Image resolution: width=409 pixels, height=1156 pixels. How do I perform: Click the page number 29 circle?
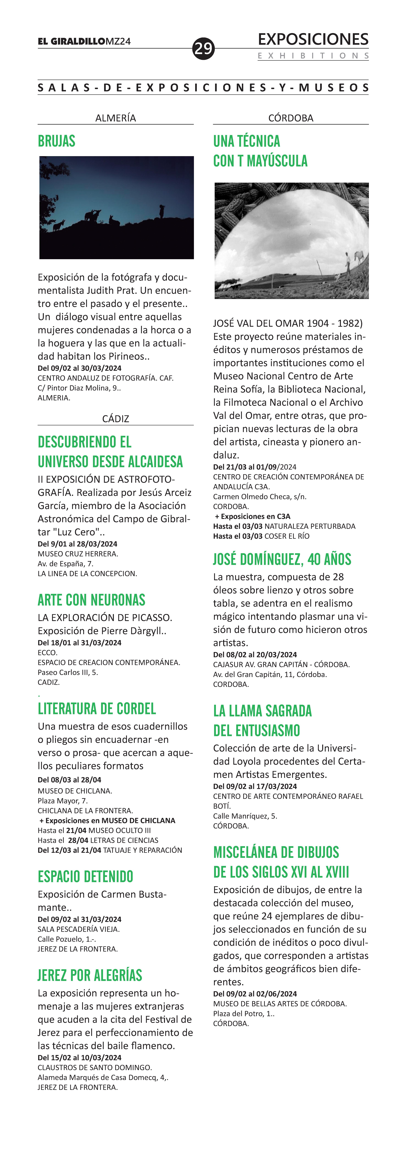(203, 48)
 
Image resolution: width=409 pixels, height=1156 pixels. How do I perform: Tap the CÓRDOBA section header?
(290, 118)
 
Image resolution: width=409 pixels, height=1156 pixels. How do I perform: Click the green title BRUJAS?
(57, 141)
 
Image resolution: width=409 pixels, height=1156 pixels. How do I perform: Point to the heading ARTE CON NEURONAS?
(92, 600)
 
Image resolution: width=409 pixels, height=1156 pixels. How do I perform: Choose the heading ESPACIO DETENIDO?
(85, 876)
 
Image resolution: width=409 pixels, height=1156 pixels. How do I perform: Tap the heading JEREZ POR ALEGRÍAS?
(90, 975)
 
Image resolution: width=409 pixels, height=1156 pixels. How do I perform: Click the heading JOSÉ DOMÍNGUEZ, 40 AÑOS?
(282, 559)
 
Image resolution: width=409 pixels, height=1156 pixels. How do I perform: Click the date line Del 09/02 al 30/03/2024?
(80, 368)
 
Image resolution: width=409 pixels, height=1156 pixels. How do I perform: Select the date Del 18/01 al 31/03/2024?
(80, 643)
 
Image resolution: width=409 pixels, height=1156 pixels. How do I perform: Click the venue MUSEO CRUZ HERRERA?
(78, 554)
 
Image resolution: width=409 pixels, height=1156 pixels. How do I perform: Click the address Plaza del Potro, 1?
(243, 1013)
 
